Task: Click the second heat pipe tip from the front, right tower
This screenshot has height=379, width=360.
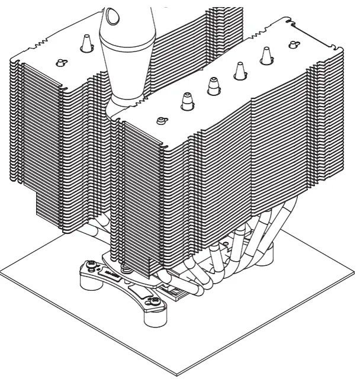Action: [x=213, y=86]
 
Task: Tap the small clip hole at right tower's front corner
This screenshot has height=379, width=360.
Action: [x=160, y=120]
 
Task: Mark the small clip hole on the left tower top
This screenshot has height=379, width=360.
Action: [x=60, y=62]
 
